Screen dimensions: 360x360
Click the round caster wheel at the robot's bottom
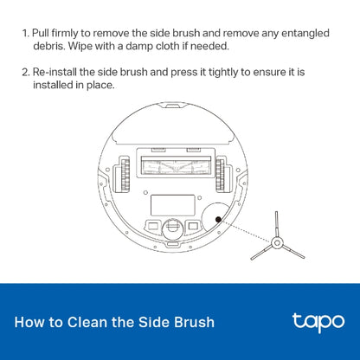170,228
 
